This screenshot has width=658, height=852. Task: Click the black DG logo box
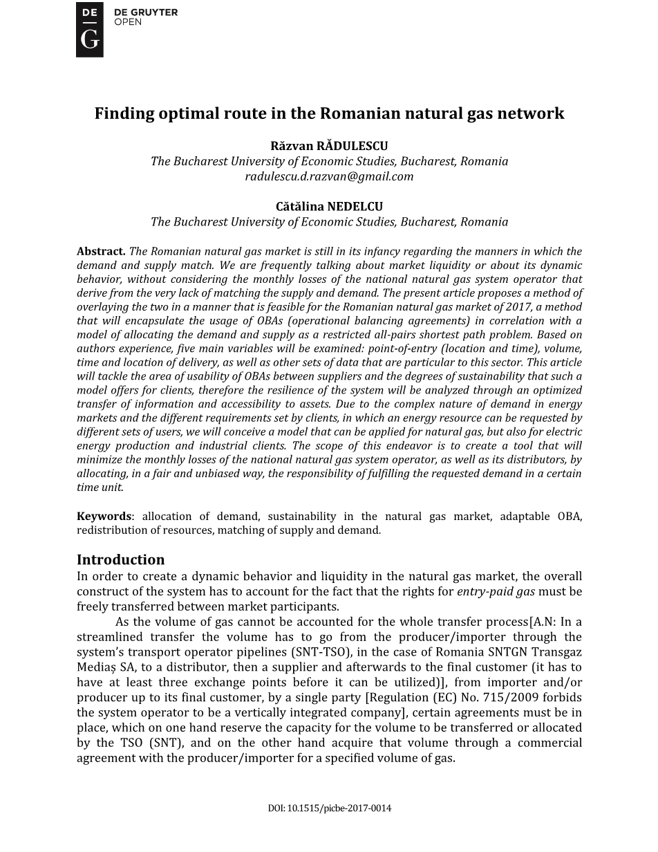[89, 29]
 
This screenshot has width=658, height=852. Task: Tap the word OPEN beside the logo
[128, 22]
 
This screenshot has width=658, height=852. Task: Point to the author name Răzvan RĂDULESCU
[329, 146]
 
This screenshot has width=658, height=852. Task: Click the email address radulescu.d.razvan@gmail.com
[329, 176]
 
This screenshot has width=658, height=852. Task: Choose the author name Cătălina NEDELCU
[329, 207]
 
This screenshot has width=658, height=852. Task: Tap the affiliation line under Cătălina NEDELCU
[329, 222]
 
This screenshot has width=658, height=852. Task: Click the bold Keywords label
[104, 517]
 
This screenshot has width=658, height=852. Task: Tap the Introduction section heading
[121, 559]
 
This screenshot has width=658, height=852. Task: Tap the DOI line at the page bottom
[329, 808]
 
